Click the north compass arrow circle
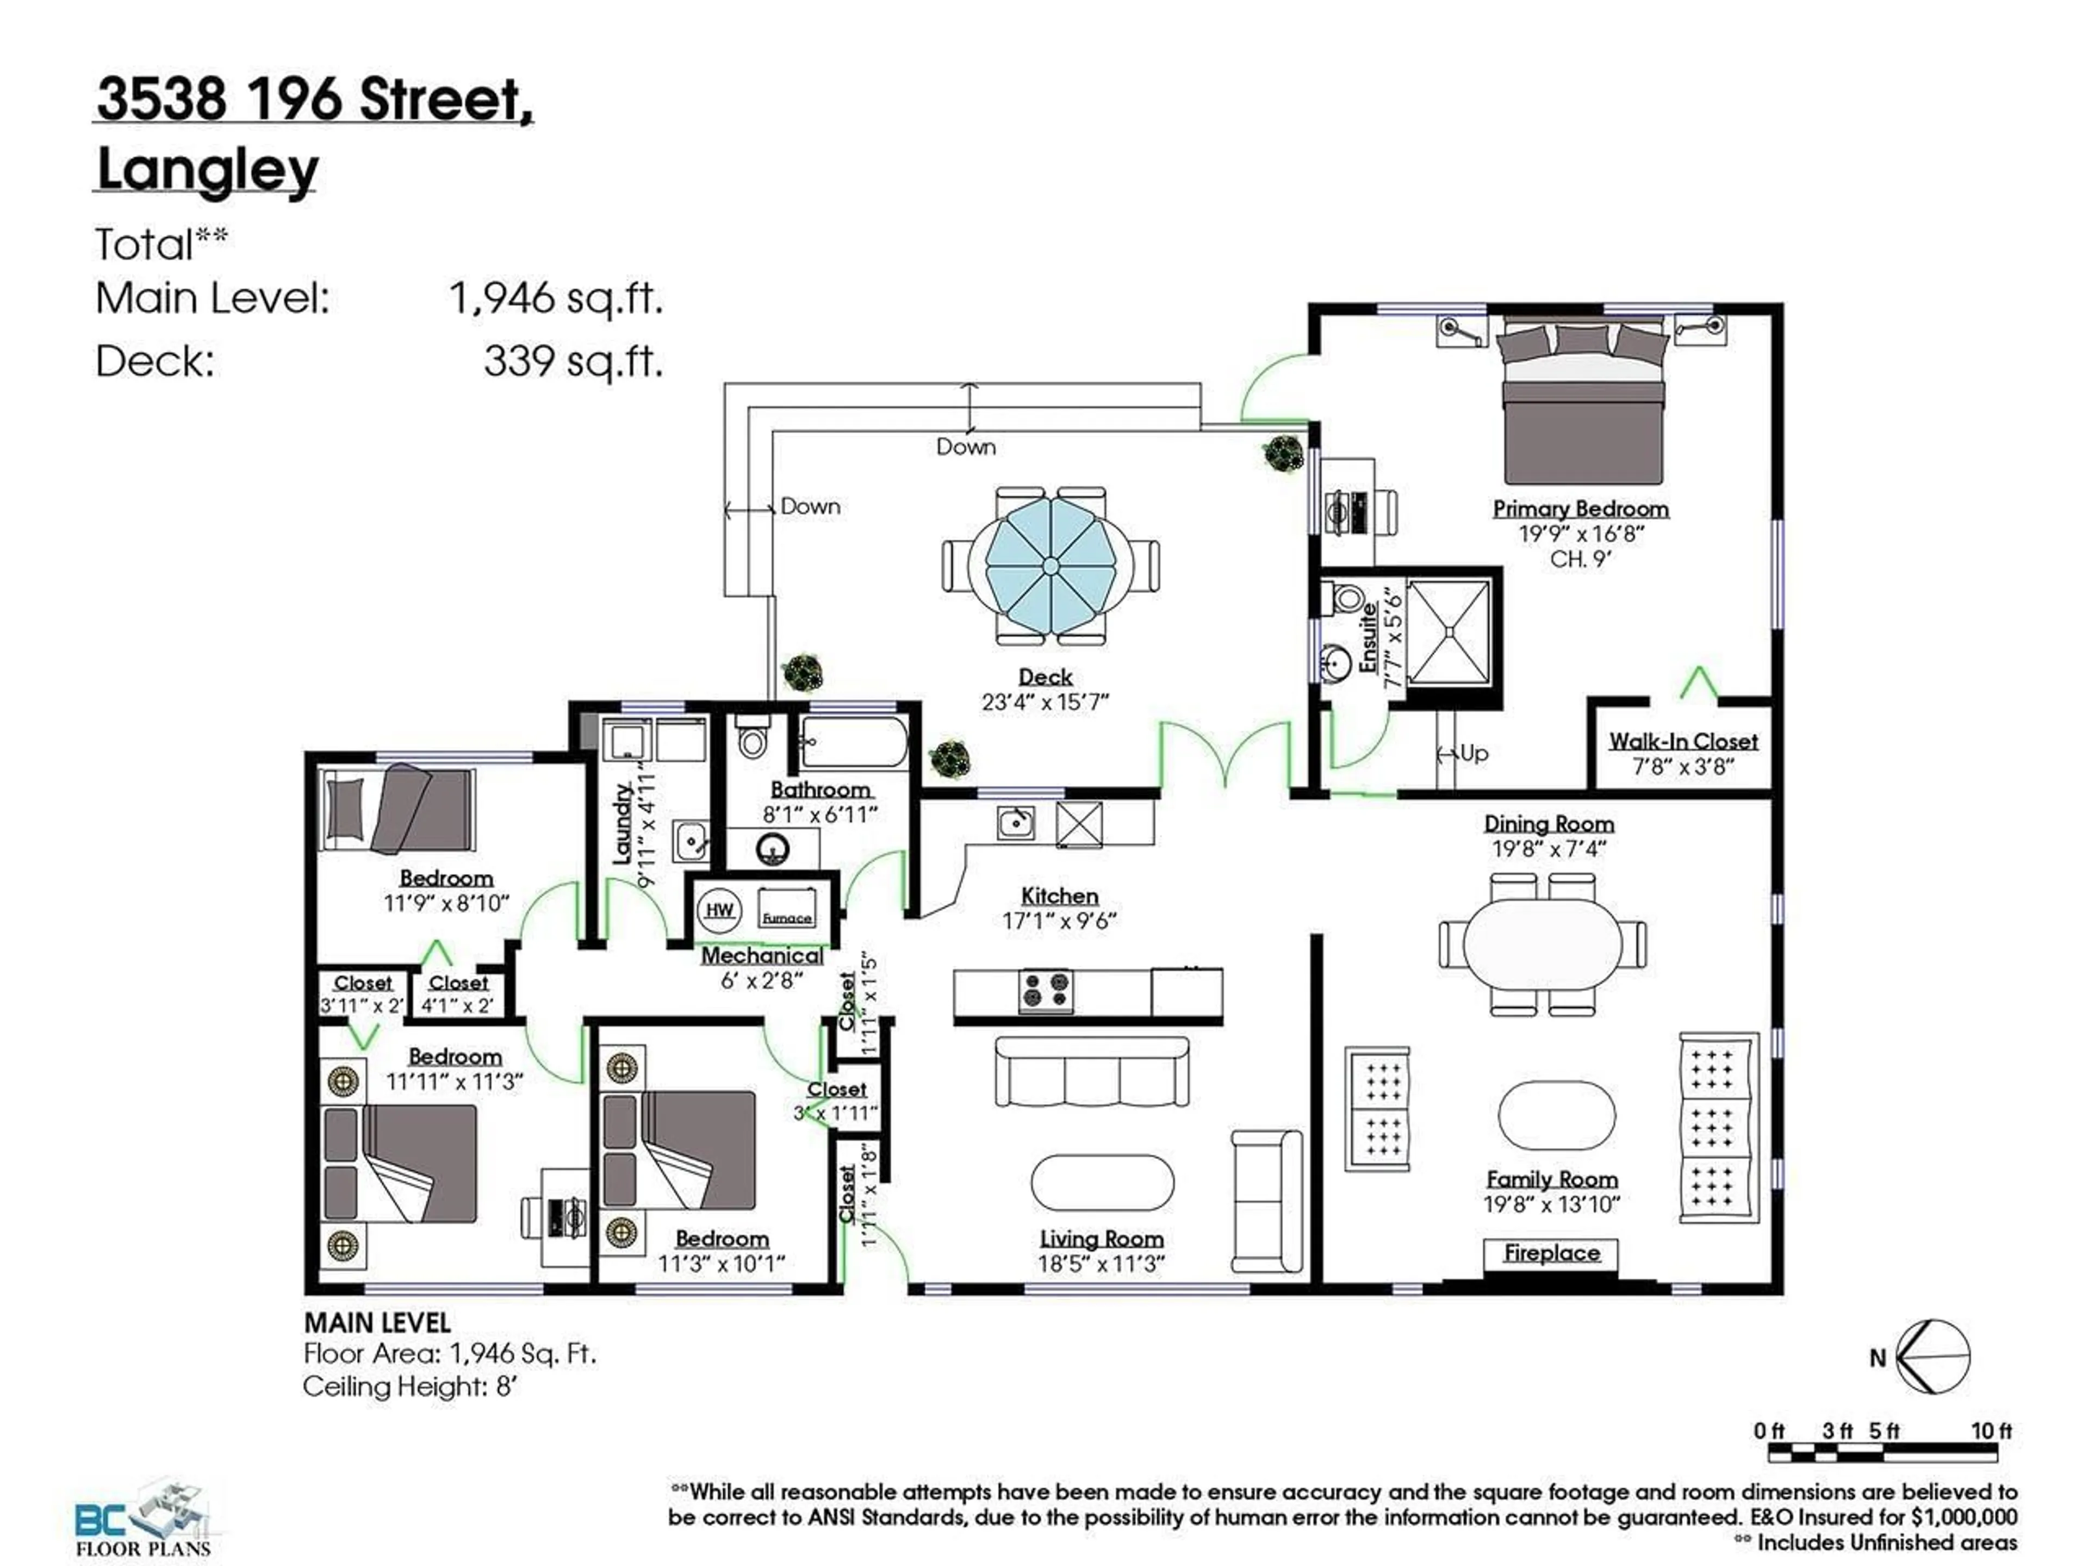point(1932,1357)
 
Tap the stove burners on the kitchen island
point(1046,991)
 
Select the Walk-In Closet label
point(1683,741)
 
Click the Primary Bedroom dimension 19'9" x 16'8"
point(1581,533)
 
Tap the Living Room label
point(1101,1239)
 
